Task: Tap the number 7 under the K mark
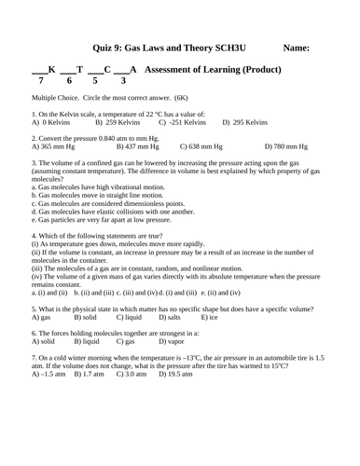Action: pos(41,81)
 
